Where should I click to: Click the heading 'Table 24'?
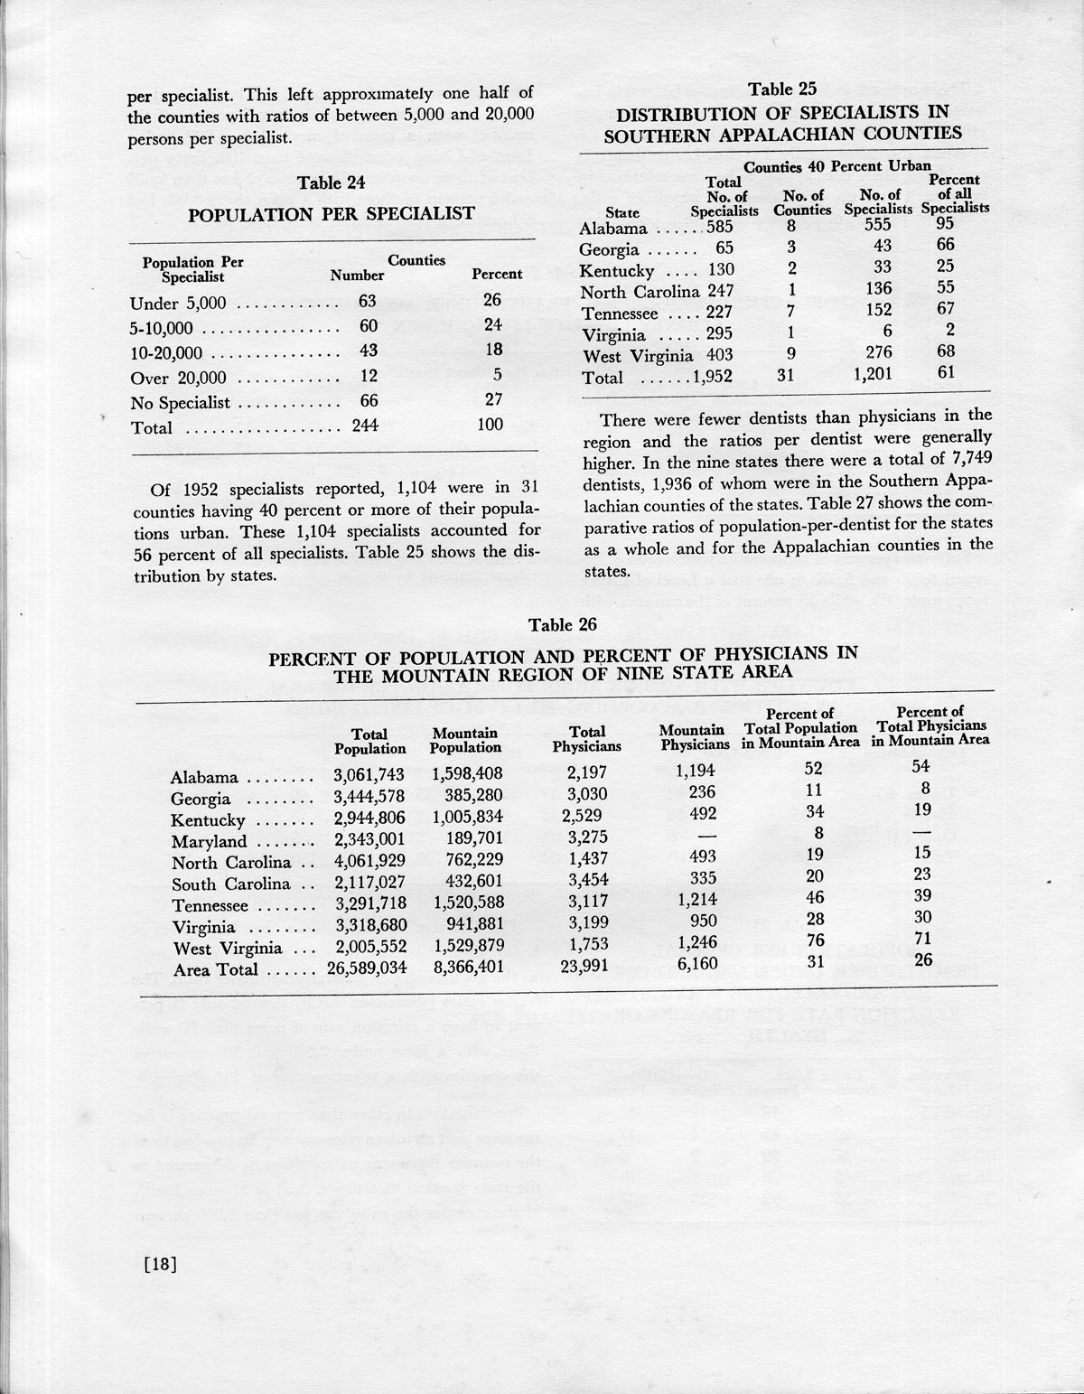332,182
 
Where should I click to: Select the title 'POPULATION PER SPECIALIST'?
331,214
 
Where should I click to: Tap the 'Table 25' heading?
782,89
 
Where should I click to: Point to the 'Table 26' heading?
562,624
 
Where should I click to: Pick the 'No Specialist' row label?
180,402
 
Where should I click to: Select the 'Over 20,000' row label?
178,378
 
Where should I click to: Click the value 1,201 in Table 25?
873,374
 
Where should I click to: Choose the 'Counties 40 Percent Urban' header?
836,166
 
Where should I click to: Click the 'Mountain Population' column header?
465,741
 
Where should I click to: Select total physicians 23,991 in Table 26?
586,966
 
